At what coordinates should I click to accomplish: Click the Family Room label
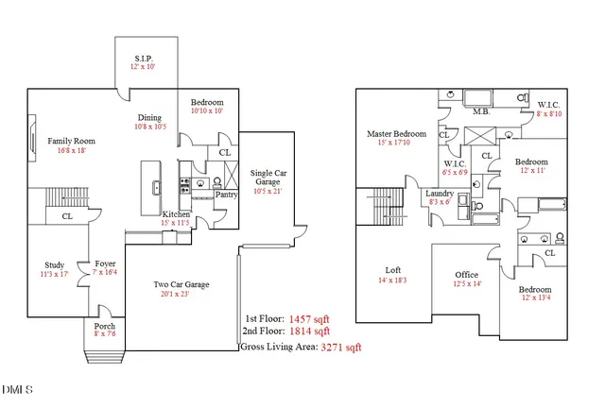click(x=72, y=142)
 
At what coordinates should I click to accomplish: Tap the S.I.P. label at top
click(x=145, y=58)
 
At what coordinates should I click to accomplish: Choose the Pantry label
click(x=226, y=195)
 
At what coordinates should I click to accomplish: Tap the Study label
click(x=55, y=264)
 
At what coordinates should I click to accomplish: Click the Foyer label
click(x=104, y=264)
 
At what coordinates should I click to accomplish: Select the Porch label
click(x=104, y=326)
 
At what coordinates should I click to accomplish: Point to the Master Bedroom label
click(x=396, y=134)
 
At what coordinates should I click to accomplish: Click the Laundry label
click(x=440, y=193)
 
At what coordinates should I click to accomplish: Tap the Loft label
click(x=392, y=270)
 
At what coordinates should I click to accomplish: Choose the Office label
click(x=467, y=275)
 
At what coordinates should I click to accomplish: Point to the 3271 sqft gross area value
click(x=341, y=348)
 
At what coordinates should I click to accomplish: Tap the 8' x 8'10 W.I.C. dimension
click(x=549, y=113)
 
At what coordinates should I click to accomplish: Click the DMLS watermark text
click(x=17, y=390)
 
